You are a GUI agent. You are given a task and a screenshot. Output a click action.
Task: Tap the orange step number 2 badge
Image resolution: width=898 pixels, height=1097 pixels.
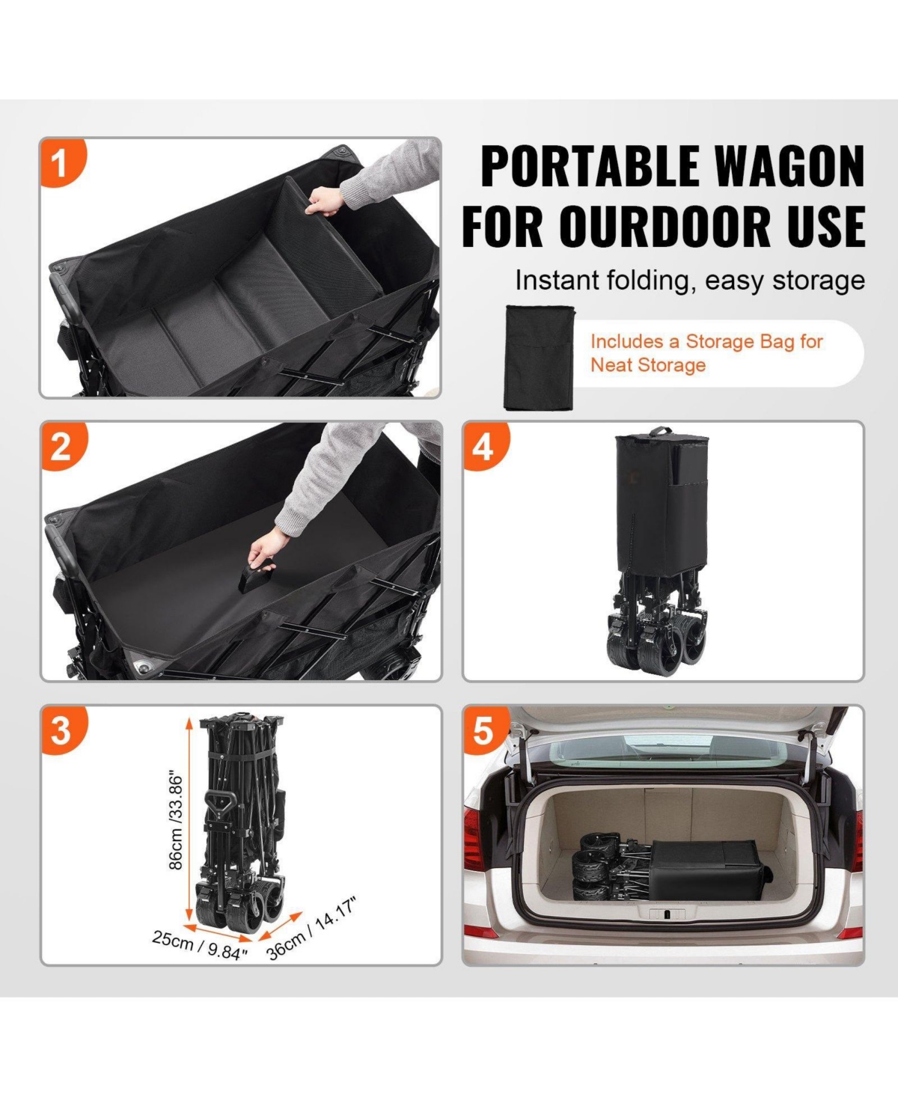pyautogui.click(x=61, y=447)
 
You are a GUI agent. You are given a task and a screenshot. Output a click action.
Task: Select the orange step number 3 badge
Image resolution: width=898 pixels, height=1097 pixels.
pyautogui.click(x=61, y=730)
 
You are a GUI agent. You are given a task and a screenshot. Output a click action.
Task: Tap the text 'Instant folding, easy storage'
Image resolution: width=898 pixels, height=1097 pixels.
pyautogui.click(x=689, y=281)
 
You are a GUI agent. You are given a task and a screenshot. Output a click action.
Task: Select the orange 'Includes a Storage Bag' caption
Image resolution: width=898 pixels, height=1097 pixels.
pyautogui.click(x=706, y=352)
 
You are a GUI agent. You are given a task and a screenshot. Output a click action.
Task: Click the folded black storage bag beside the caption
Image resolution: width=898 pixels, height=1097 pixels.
pyautogui.click(x=539, y=355)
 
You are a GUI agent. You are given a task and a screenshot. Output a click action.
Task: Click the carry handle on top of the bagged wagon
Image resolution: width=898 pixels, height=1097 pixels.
pyautogui.click(x=659, y=432)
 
